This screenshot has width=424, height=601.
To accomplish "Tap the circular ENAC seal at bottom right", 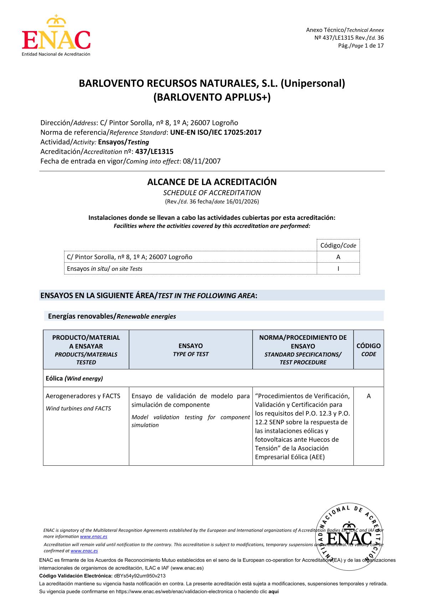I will [349, 537].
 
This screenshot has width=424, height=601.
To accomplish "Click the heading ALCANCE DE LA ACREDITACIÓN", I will [212, 182].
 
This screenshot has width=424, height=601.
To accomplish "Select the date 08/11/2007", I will [201, 161].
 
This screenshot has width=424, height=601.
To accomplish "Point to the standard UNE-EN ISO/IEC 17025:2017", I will [216, 132].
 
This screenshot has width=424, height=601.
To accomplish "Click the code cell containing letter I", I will [338, 268].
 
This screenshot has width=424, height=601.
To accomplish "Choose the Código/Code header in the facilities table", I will [338, 246].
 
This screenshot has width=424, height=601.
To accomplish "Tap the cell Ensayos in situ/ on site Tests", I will [105, 269].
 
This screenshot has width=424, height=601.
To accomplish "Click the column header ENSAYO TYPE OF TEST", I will [191, 350].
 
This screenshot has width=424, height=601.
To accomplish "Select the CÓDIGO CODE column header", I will [368, 350].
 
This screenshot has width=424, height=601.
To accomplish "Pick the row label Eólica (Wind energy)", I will [74, 378].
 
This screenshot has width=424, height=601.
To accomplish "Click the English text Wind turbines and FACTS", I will [78, 409].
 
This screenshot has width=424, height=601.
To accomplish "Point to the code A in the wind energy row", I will [368, 396].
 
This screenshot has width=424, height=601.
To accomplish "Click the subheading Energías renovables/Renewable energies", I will [112, 316].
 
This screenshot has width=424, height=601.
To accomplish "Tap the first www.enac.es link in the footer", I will [94, 536].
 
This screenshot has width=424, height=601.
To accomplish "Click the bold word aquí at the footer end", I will [273, 591].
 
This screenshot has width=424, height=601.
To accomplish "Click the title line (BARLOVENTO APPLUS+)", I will [212, 97].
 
